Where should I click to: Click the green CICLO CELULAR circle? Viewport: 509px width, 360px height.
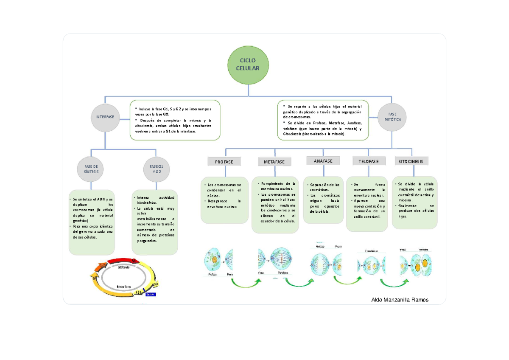[249, 65]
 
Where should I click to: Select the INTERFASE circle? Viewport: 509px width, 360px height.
[105, 117]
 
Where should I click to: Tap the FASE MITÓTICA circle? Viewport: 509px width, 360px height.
[392, 117]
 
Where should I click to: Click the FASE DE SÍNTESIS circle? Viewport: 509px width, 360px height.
[91, 169]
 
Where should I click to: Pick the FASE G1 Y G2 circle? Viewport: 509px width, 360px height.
[157, 169]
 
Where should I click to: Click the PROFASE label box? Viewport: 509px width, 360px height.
[224, 162]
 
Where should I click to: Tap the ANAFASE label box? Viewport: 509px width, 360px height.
[323, 160]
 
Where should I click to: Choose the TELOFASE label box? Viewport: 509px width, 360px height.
[369, 161]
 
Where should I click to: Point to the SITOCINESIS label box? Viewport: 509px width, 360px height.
[411, 161]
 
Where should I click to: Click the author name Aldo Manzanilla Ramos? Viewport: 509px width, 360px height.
[400, 300]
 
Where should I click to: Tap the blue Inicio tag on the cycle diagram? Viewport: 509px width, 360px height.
[151, 294]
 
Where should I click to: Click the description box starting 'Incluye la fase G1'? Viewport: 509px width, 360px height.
[175, 120]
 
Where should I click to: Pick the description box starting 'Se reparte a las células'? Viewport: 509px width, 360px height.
[323, 120]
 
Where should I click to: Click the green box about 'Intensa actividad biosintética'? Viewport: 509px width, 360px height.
[155, 222]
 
